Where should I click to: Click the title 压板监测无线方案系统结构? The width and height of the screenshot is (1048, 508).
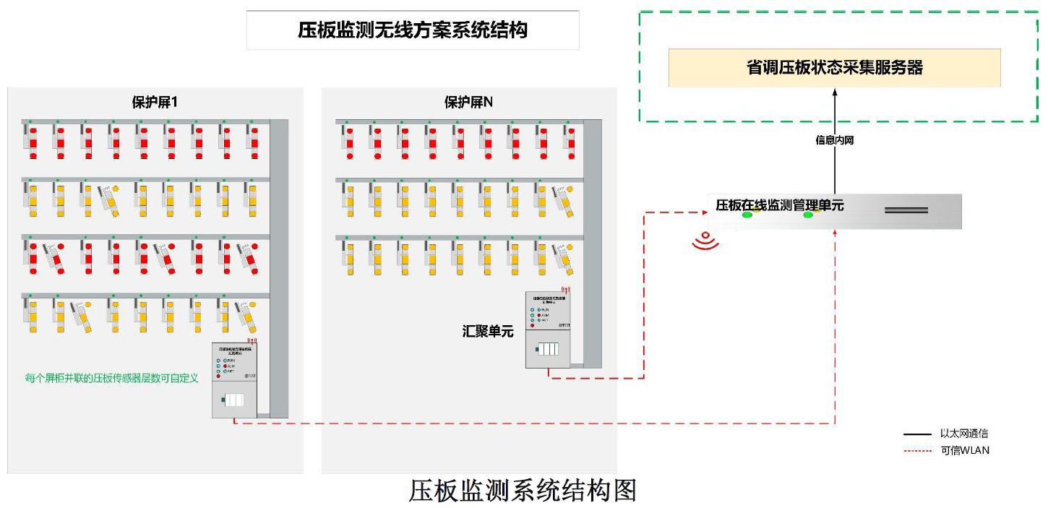[413, 30]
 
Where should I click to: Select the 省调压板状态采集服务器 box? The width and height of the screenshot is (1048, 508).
[834, 68]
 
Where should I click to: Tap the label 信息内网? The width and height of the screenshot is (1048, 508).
[834, 140]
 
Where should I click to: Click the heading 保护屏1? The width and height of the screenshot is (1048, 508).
[155, 103]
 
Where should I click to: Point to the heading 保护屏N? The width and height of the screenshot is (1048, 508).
[468, 103]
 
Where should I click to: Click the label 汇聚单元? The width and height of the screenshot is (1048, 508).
[488, 332]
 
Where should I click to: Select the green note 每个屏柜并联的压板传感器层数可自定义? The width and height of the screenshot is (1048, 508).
[111, 378]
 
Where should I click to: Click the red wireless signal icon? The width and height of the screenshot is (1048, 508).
[705, 241]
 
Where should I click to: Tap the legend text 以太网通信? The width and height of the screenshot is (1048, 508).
[963, 434]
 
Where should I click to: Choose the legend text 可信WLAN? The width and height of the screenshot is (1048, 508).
[965, 450]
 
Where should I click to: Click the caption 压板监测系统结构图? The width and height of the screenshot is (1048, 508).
[523, 491]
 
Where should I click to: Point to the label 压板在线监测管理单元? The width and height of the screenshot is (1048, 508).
[779, 205]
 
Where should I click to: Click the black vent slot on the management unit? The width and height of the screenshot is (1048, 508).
[906, 210]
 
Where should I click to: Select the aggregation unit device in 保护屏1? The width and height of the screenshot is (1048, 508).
[234, 379]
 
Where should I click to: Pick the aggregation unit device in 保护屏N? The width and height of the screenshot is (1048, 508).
[549, 329]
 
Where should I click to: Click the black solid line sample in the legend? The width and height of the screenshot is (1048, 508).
[917, 434]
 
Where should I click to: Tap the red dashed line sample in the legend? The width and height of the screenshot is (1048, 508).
[917, 451]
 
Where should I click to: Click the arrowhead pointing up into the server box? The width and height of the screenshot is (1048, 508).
[834, 92]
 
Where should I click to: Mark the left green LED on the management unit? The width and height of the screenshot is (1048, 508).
[747, 215]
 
